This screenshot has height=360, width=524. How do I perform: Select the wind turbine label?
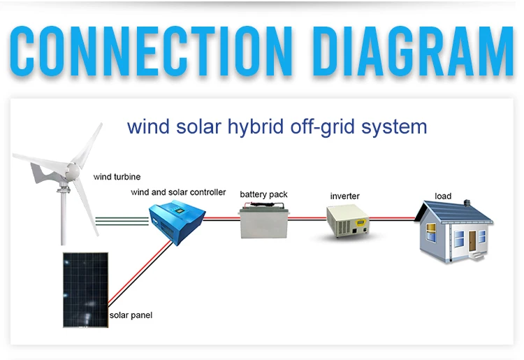pos(117,178)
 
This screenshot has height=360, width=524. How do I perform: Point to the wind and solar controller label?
pos(178,192)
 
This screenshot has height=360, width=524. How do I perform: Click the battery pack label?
pos(263,194)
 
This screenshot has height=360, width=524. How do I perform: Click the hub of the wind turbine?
pos(69,170)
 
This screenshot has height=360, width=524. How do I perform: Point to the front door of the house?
pos(473,242)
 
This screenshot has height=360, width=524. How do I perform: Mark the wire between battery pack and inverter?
pos(307,219)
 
